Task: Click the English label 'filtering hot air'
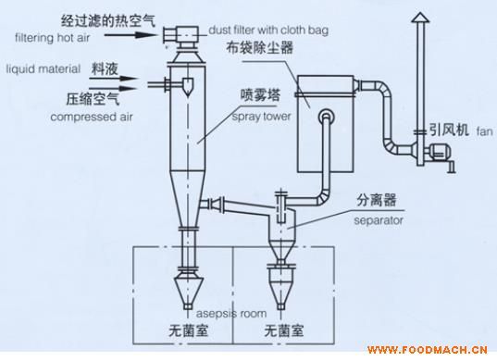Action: pyautogui.click(x=53, y=38)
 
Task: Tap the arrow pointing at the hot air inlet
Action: pyautogui.click(x=130, y=34)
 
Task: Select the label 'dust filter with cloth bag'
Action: pyautogui.click(x=268, y=31)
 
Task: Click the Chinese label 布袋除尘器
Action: pyautogui.click(x=259, y=48)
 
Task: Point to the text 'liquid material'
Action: pyautogui.click(x=43, y=68)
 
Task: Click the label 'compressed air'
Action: pyautogui.click(x=92, y=117)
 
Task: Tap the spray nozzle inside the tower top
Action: pyautogui.click(x=187, y=87)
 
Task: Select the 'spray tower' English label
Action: pyautogui.click(x=262, y=117)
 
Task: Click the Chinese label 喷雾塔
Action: pyautogui.click(x=261, y=95)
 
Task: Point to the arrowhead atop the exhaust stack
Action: pyautogui.click(x=420, y=18)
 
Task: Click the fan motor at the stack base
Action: pyautogui.click(x=440, y=152)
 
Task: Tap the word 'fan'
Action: pyautogui.click(x=485, y=131)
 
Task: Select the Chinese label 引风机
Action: pyautogui.click(x=449, y=130)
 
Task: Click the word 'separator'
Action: pyautogui.click(x=379, y=220)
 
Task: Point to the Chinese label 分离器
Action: pyautogui.click(x=377, y=200)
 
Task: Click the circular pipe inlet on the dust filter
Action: pyautogui.click(x=326, y=117)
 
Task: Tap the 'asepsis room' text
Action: pyautogui.click(x=231, y=314)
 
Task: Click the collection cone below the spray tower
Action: pyautogui.click(x=188, y=290)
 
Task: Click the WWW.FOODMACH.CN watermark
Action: pyautogui.click(x=428, y=350)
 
